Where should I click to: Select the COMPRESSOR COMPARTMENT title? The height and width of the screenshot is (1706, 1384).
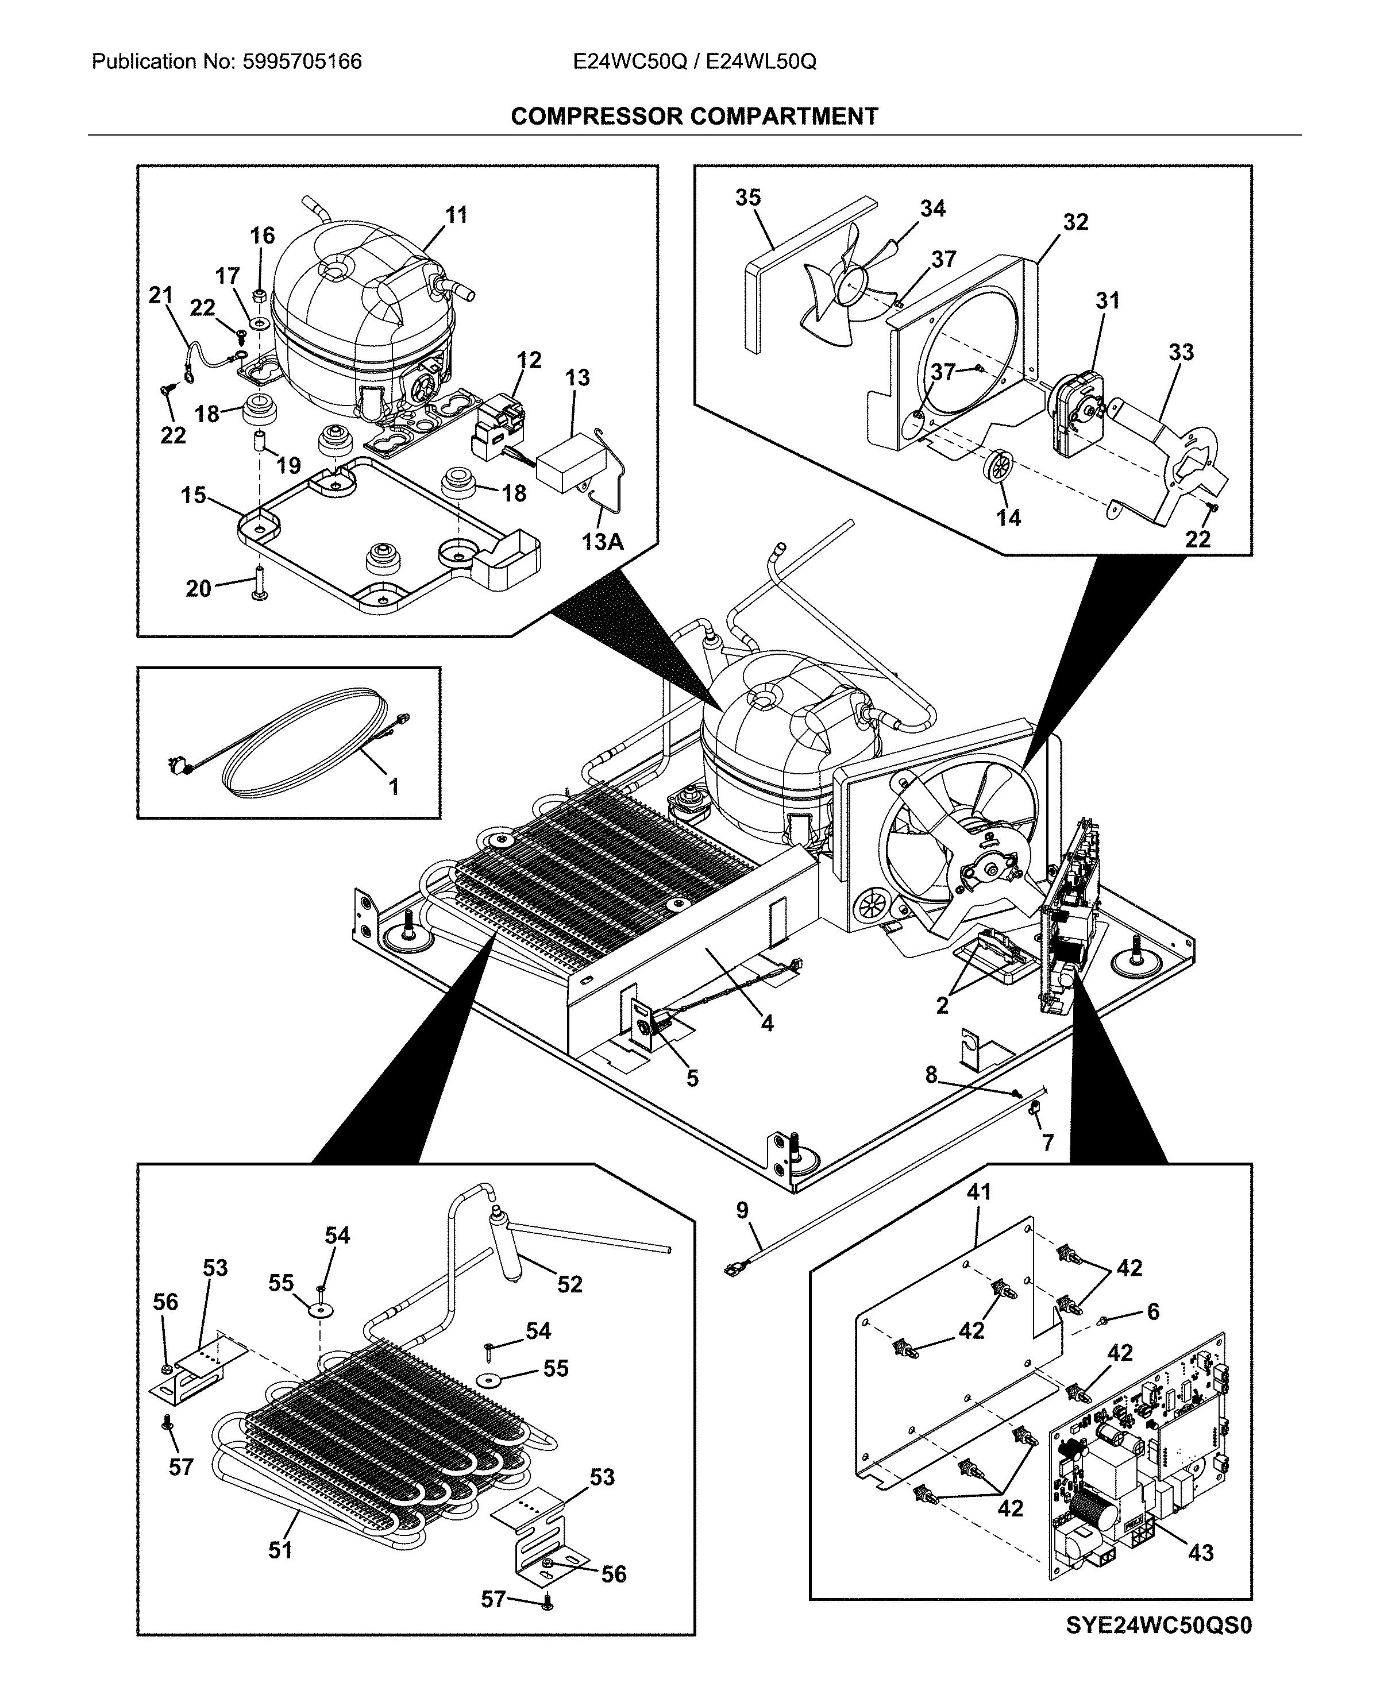pyautogui.click(x=693, y=117)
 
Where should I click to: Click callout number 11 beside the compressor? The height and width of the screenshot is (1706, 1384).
pyautogui.click(x=456, y=215)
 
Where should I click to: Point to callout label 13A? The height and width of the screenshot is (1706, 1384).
pyautogui.click(x=602, y=542)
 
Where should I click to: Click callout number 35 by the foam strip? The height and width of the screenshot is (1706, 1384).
pyautogui.click(x=748, y=198)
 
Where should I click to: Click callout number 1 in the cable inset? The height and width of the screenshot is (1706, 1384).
pyautogui.click(x=393, y=787)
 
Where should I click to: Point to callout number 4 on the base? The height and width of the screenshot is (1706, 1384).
pyautogui.click(x=767, y=1023)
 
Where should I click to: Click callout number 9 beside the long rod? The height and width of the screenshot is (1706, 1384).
pyautogui.click(x=742, y=1210)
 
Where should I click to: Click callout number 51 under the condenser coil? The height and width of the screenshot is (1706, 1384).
pyautogui.click(x=280, y=1549)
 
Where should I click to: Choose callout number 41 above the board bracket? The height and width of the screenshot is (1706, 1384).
pyautogui.click(x=978, y=1192)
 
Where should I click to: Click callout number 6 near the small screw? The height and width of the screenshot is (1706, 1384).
pyautogui.click(x=1153, y=1311)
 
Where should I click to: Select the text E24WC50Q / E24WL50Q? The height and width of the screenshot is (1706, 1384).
pyautogui.click(x=693, y=61)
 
